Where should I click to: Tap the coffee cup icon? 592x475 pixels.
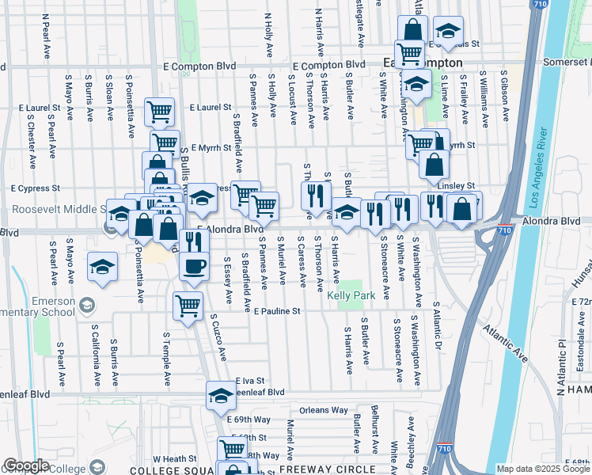pyautogui.click(x=194, y=267)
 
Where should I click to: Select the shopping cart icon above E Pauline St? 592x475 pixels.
pyautogui.click(x=188, y=305)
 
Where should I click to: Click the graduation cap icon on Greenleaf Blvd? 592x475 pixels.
pyautogui.click(x=221, y=395)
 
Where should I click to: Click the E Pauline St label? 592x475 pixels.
pyautogui.click(x=277, y=311)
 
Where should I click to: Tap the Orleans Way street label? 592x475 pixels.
pyautogui.click(x=324, y=410)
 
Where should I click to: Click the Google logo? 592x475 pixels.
pyautogui.click(x=25, y=465)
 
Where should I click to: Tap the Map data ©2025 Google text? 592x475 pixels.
pyautogui.click(x=544, y=469)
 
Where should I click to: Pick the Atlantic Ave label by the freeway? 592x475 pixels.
pyautogui.click(x=506, y=336)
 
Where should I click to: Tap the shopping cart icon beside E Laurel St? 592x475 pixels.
pyautogui.click(x=160, y=111)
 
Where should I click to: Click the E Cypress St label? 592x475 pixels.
pyautogui.click(x=35, y=188)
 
